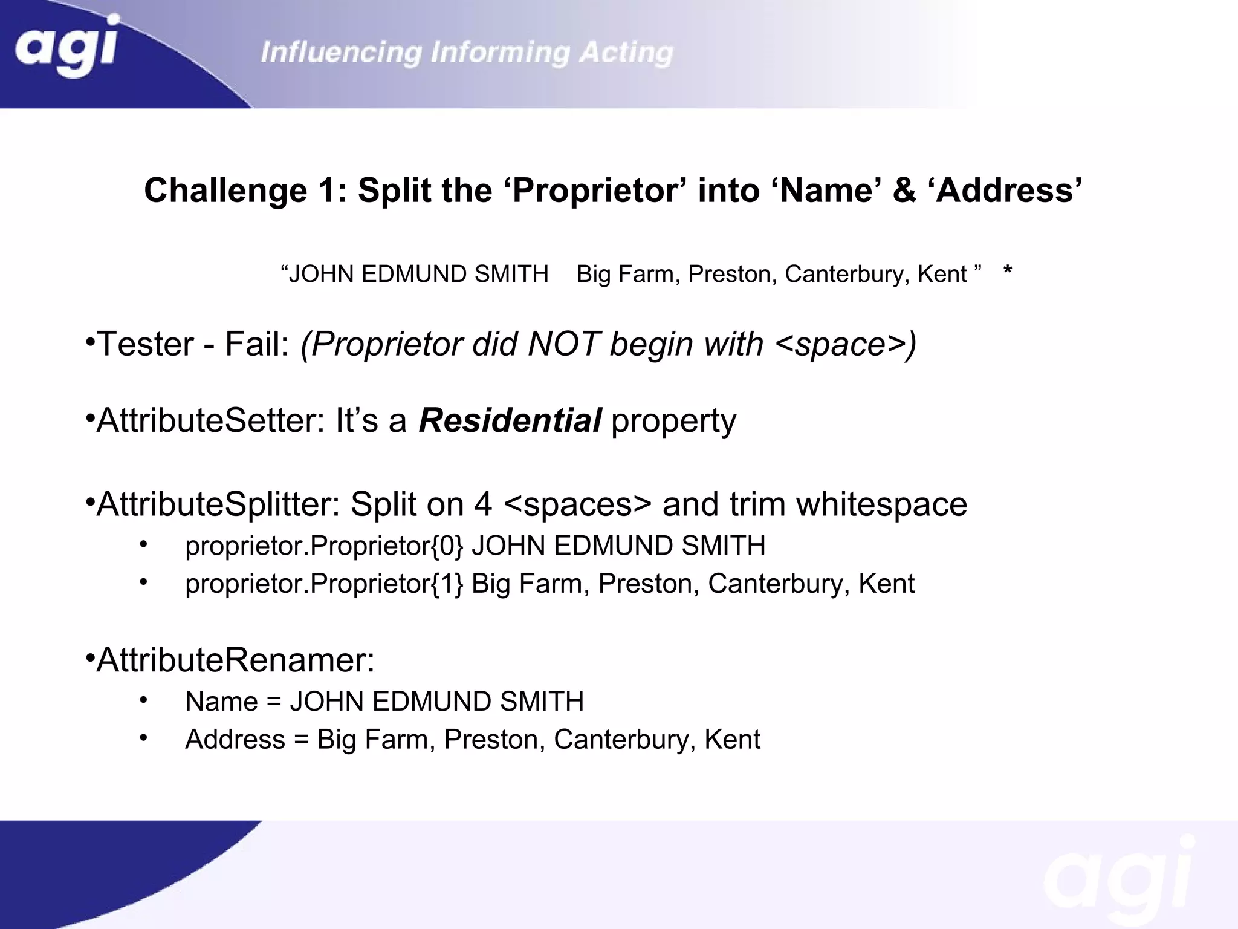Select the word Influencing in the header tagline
coord(341,53)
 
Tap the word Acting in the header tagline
coord(626,53)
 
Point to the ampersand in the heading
coord(904,191)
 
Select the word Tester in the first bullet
coord(145,344)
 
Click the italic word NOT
coord(563,344)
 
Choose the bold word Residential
coord(510,420)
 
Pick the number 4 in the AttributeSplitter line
coord(482,504)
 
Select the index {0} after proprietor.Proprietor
coord(448,546)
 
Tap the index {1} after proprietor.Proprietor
coord(448,584)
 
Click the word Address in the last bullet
coord(235,740)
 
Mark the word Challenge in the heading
coord(225,191)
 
